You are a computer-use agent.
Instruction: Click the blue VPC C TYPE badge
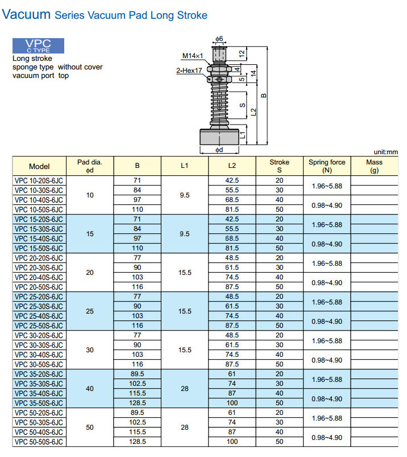point(38,46)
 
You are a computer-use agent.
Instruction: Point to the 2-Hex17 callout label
point(190,71)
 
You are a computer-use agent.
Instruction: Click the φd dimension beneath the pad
point(219,150)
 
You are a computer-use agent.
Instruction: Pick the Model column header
point(39,166)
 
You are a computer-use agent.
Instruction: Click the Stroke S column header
point(279,166)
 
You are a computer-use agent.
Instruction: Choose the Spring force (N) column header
point(326,166)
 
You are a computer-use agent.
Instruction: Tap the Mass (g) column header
point(374,166)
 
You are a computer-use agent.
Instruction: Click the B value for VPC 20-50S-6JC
point(137,287)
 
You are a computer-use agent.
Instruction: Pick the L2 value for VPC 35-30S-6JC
point(232,384)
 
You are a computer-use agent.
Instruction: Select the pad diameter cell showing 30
point(90,350)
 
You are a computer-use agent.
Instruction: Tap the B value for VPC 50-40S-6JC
point(137,432)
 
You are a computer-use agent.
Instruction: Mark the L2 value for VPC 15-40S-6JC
point(232,238)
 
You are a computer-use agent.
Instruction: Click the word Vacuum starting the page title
point(26,15)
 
